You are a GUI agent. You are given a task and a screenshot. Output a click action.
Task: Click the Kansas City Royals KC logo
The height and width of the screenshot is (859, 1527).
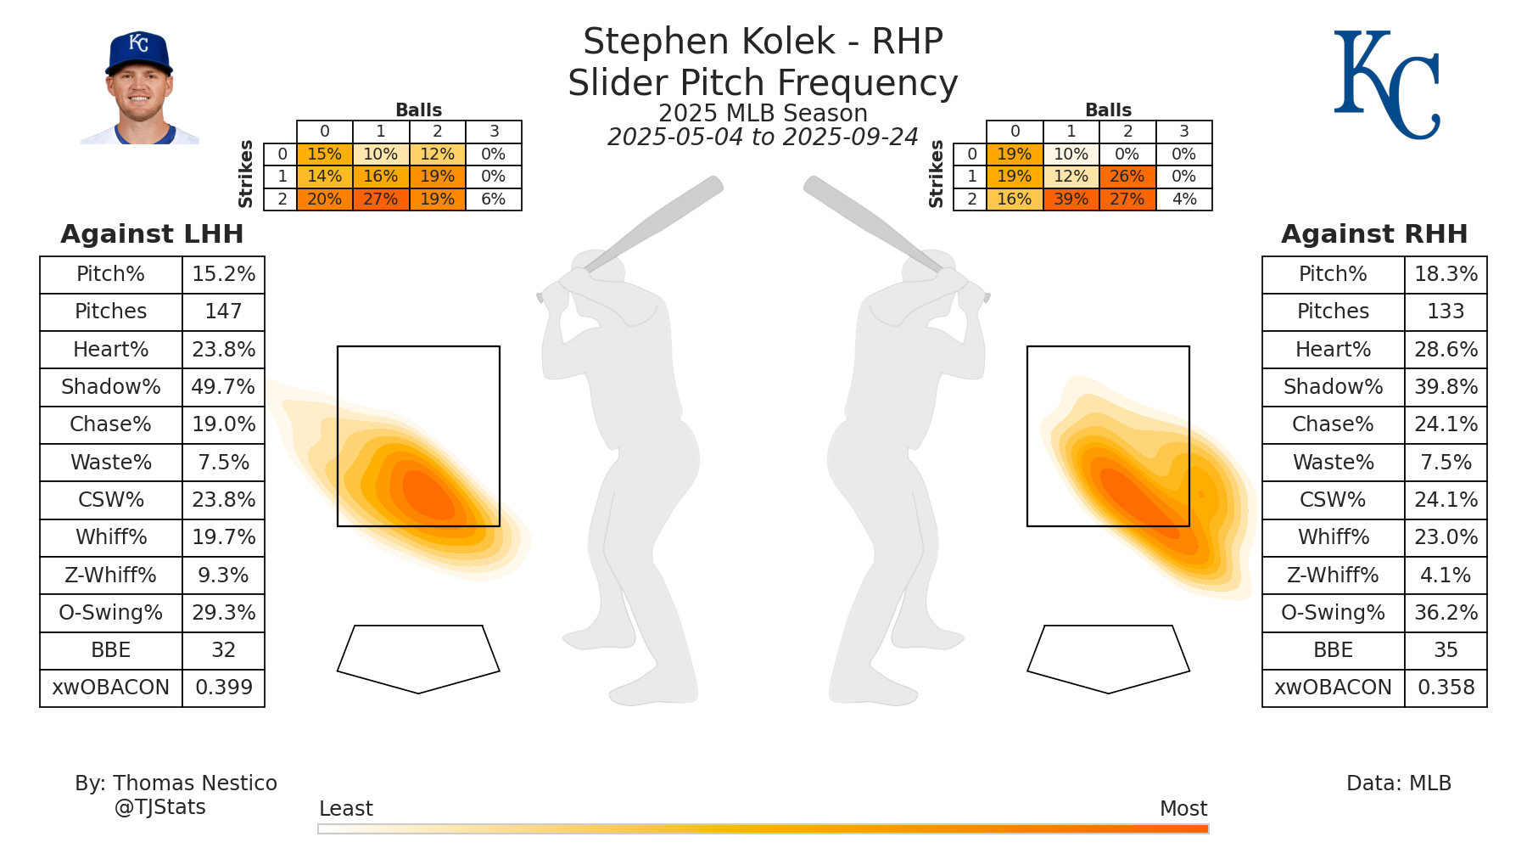point(1386,85)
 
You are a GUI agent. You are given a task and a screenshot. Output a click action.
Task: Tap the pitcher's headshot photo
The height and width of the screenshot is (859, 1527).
point(139,88)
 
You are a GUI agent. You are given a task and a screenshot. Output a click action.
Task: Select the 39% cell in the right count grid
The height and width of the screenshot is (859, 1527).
point(1071,199)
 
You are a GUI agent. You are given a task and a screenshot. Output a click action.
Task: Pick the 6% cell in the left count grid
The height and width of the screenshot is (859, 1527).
point(493,199)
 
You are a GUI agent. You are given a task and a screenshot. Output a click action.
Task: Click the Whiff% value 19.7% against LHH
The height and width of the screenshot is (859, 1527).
point(223,537)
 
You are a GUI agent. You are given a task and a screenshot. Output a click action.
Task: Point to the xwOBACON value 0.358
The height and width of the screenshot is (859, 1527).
point(1446,688)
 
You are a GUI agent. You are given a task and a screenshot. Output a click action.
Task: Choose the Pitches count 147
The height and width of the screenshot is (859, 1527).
point(223,312)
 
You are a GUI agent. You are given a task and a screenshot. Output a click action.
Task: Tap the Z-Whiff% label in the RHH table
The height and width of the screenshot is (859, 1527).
point(1333,575)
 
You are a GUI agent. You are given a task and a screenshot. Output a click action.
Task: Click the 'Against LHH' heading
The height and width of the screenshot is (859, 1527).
point(152,233)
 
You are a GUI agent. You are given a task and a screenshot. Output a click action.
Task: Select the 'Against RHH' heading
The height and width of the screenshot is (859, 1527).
point(1374,233)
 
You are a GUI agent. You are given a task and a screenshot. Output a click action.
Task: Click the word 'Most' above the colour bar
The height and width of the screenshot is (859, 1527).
point(1183,809)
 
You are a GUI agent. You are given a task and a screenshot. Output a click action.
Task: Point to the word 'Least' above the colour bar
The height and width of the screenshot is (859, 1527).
point(345,809)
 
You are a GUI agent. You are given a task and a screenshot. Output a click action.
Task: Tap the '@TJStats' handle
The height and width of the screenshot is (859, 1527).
point(160,807)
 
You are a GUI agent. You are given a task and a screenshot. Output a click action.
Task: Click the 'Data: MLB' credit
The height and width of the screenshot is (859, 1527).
point(1399,783)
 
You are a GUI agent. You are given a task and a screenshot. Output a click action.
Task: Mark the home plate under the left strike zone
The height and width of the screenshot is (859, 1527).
point(418,658)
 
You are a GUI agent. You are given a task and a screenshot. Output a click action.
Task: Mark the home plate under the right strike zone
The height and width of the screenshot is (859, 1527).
point(1108,658)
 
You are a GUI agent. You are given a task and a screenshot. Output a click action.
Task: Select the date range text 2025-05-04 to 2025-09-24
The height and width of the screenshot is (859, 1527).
point(763,138)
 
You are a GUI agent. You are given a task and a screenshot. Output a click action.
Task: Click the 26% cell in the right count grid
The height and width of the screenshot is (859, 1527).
point(1127,177)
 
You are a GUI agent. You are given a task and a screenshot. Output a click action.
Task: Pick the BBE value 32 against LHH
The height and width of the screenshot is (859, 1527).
point(223,650)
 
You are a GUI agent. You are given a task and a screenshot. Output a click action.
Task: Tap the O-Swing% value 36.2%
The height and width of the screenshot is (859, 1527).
point(1446,613)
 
